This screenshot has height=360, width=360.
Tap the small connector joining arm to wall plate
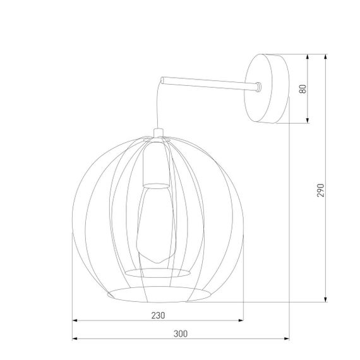[x=259, y=87]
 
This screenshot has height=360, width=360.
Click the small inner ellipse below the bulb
[x=158, y=272]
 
